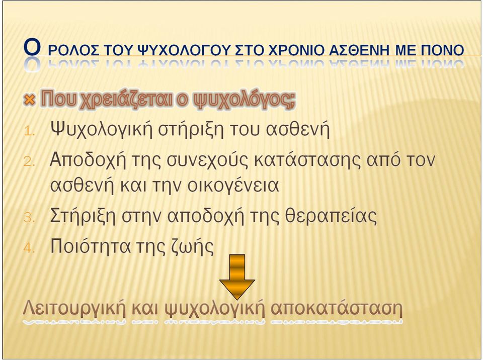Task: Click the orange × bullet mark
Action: (29, 100)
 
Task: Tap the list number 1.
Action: (29, 131)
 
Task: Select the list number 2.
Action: (29, 161)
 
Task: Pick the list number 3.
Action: (29, 217)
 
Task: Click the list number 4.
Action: (29, 247)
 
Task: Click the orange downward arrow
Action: (237, 277)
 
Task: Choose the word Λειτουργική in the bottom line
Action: (74, 308)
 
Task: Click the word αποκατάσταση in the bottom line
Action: (337, 308)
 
